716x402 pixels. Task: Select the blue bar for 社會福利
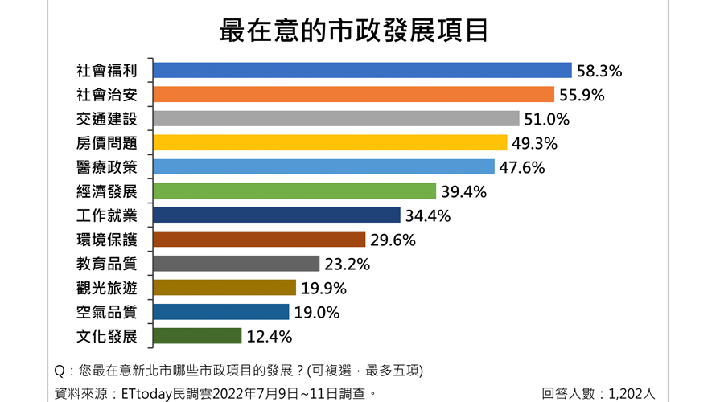point(362,71)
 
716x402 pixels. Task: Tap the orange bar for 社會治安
point(353,95)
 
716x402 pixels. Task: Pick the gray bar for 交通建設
point(335,119)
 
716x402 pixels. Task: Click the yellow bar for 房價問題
point(330,143)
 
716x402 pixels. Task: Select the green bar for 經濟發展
point(294,191)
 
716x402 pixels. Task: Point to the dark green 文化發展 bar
point(197,336)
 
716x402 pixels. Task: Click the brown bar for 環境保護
point(259,240)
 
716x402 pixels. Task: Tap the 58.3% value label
point(599,72)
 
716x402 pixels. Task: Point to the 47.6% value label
point(522,168)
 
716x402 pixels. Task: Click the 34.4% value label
point(427,216)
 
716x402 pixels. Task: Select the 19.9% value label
point(323,289)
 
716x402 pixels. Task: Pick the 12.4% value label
point(269,337)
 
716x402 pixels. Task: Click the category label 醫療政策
point(107,167)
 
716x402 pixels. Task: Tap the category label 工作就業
point(107,215)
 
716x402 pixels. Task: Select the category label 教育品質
point(107,264)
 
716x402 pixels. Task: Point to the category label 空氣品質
point(107,312)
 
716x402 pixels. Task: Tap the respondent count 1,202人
point(632,393)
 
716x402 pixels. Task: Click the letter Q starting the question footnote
point(60,371)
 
